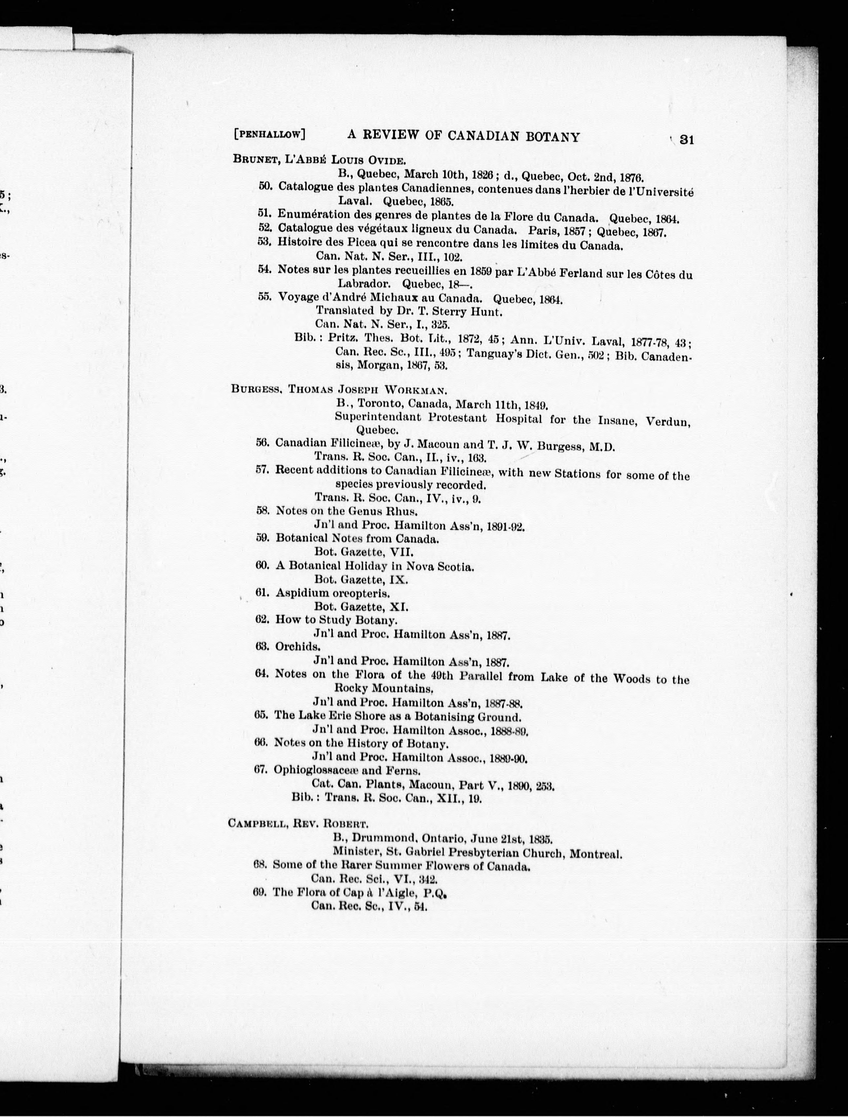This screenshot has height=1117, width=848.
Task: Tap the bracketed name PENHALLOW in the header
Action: (x=269, y=134)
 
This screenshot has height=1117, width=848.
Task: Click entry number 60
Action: (x=262, y=565)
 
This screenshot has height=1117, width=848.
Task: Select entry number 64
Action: (x=261, y=674)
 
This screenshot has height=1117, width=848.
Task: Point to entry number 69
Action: (x=260, y=892)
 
